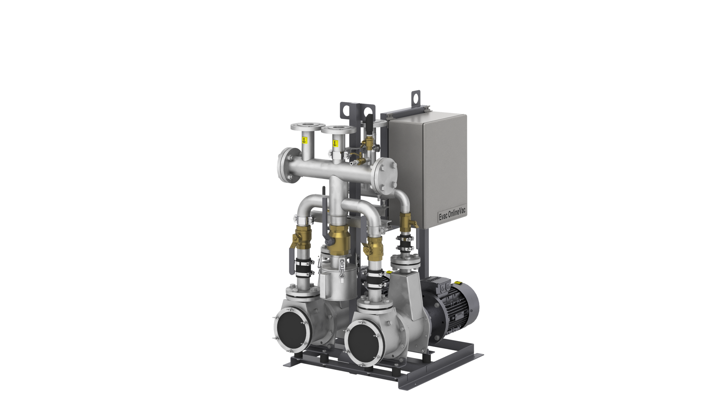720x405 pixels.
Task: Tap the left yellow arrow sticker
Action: [x=304, y=140]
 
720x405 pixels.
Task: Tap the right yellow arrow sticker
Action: [x=335, y=143]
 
